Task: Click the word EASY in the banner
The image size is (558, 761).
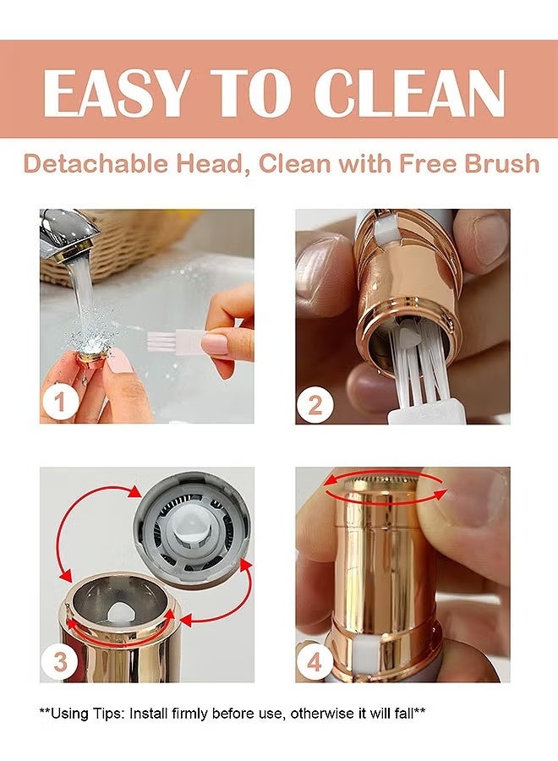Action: click(116, 93)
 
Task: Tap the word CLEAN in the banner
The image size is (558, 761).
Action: click(410, 93)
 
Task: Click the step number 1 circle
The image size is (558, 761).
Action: click(61, 402)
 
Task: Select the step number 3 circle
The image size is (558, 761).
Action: click(60, 661)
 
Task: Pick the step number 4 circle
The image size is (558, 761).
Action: click(315, 661)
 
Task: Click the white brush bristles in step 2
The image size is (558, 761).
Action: click(416, 375)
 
